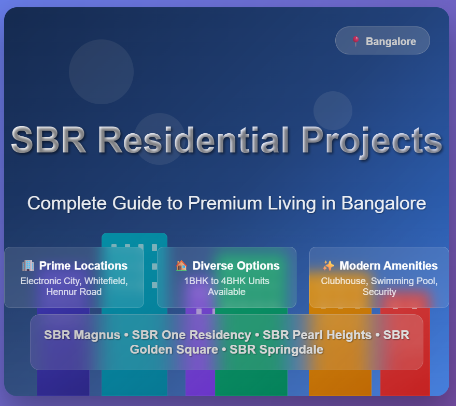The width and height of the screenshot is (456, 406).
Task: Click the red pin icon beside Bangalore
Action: tap(355, 41)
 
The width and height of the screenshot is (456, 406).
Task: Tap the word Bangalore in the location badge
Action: tap(391, 41)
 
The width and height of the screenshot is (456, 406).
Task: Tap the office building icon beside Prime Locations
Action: tap(28, 265)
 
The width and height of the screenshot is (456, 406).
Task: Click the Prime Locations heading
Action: tap(83, 265)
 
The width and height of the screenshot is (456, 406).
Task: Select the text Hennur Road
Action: tap(74, 291)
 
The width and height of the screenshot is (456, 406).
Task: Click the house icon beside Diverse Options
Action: tap(181, 265)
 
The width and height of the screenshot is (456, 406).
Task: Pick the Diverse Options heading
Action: tap(236, 265)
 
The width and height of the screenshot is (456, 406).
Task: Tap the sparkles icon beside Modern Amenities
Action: tap(329, 265)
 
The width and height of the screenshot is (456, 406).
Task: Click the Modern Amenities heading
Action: tap(389, 265)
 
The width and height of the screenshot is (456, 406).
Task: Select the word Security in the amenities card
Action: tap(379, 292)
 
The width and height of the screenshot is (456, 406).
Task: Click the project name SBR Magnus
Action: tap(82, 335)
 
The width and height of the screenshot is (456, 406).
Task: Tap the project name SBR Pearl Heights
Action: tap(317, 335)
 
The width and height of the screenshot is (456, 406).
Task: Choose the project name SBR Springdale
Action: tap(277, 349)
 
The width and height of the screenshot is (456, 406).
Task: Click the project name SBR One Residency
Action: tap(191, 335)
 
